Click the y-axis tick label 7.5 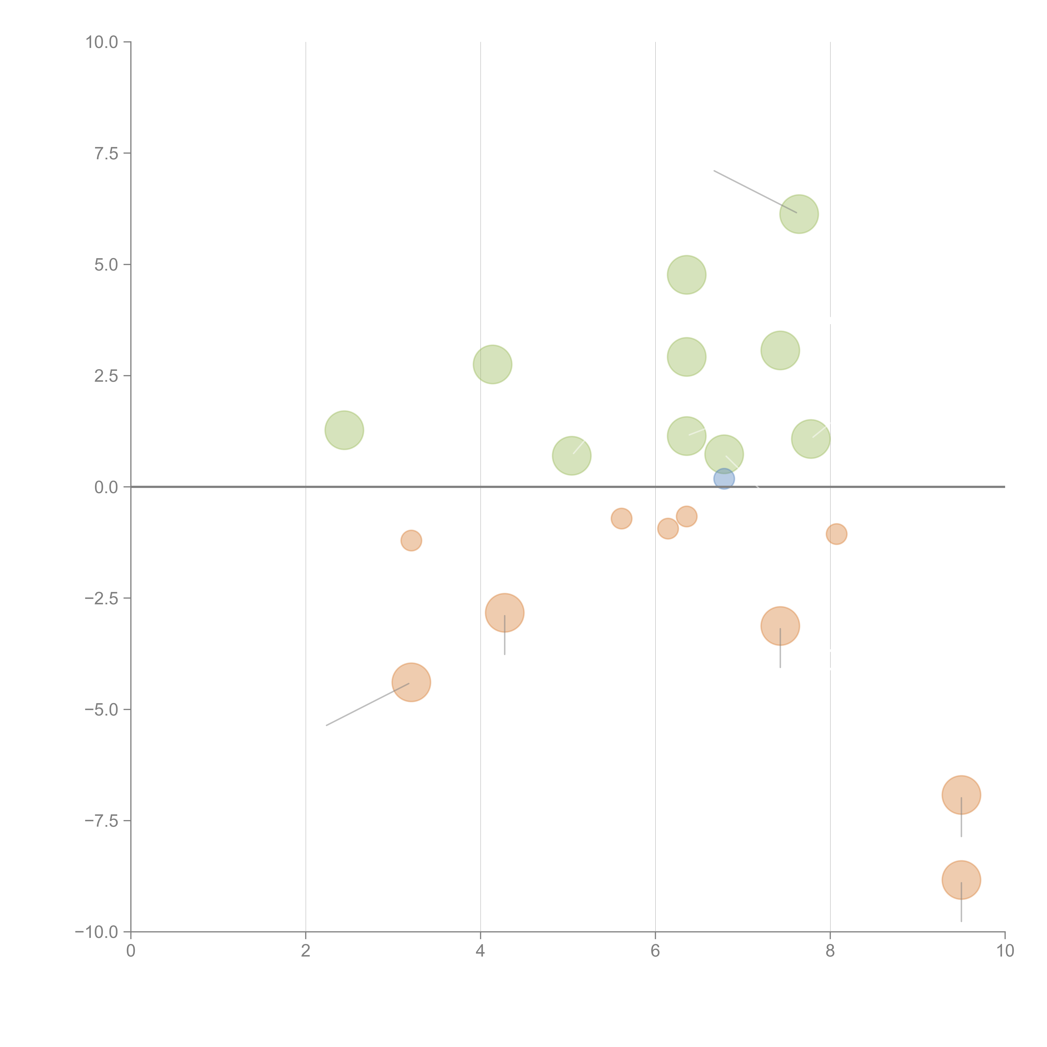(x=106, y=153)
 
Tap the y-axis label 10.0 (x=102, y=42)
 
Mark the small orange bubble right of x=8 (x=837, y=534)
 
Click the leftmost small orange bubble (x=411, y=540)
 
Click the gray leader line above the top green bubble (x=755, y=191)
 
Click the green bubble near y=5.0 (x=687, y=275)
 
